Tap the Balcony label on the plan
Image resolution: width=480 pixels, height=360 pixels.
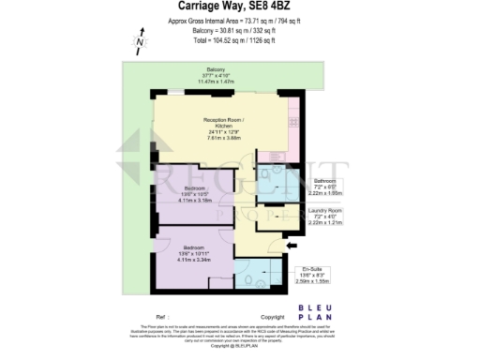coord(216,69)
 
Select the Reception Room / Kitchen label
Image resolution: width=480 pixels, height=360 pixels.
coord(222,123)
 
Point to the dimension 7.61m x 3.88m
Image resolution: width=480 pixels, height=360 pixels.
coord(222,138)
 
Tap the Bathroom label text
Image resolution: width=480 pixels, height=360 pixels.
coord(324,180)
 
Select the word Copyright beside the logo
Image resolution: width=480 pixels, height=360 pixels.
coord(271,317)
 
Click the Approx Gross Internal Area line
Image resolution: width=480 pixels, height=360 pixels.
coord(239,21)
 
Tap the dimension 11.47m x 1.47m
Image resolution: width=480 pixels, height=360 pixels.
coord(216,82)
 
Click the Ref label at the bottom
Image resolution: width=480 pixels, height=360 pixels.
coord(160,317)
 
